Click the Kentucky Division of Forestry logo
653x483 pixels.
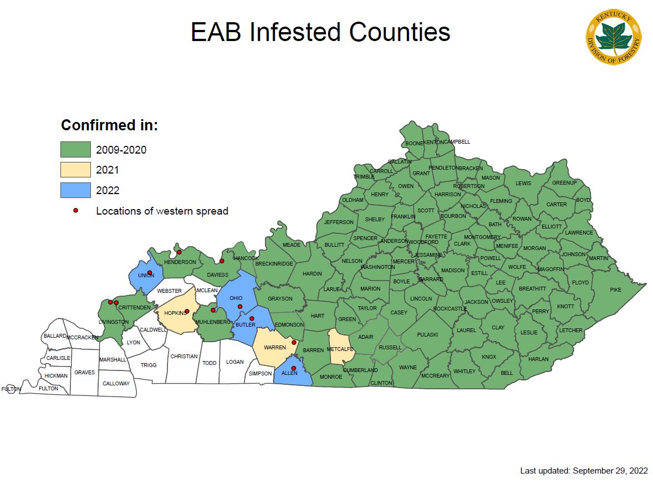pyautogui.click(x=614, y=37)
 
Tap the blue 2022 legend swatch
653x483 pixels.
pyautogui.click(x=75, y=190)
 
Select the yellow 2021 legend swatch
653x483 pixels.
pyautogui.click(x=75, y=170)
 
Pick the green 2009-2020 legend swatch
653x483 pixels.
pyautogui.click(x=75, y=149)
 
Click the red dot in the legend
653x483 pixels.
pyautogui.click(x=76, y=211)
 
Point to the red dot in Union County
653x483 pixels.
pyautogui.click(x=150, y=272)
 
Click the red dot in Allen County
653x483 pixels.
pyautogui.click(x=294, y=368)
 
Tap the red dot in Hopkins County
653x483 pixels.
pyautogui.click(x=187, y=311)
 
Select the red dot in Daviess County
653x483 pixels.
pyautogui.click(x=222, y=261)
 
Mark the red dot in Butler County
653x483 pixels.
pyautogui.click(x=252, y=318)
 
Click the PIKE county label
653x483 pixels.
pyautogui.click(x=615, y=290)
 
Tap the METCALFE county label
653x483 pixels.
pyautogui.click(x=340, y=349)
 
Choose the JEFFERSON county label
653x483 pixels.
pyautogui.click(x=339, y=222)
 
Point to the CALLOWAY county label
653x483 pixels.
pyautogui.click(x=116, y=383)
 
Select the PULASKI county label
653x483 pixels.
pyautogui.click(x=427, y=334)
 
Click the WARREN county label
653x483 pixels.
pyautogui.click(x=274, y=348)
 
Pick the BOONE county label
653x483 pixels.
pyautogui.click(x=414, y=144)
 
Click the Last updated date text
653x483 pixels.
pyautogui.click(x=584, y=471)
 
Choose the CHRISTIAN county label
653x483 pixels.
pyautogui.click(x=184, y=356)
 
